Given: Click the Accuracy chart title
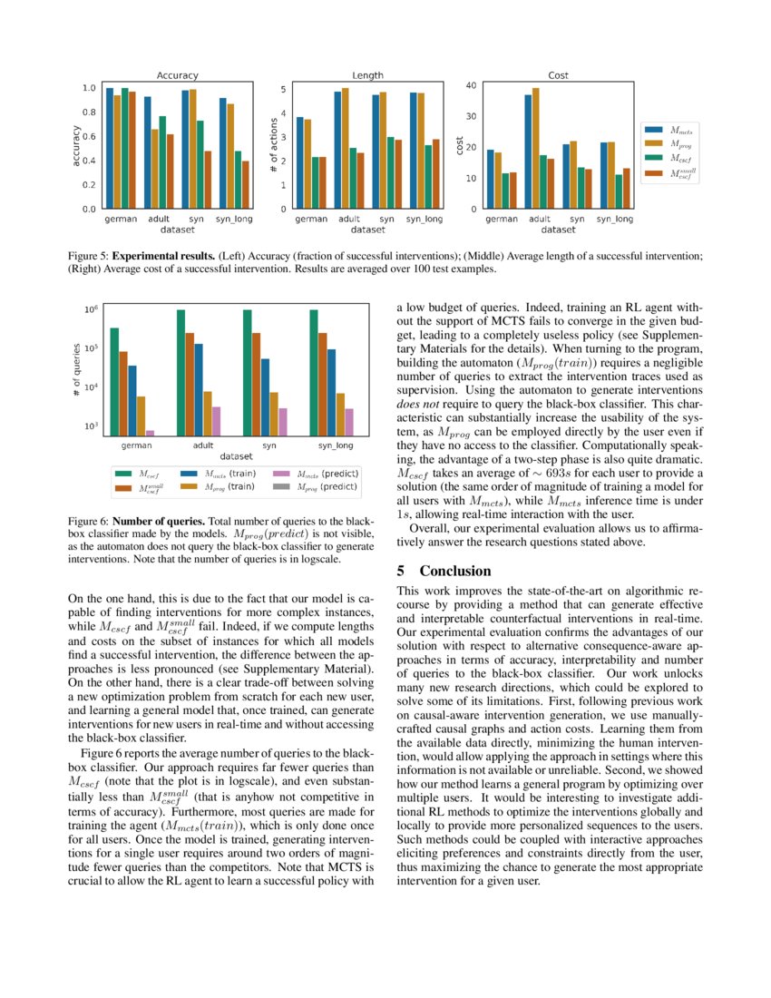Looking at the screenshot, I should point(177,75).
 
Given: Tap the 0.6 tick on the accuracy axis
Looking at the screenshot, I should point(89,136).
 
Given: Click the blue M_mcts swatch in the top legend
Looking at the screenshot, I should point(654,132).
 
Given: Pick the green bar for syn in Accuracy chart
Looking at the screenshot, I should point(200,164).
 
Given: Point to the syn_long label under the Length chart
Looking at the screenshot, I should point(424,220).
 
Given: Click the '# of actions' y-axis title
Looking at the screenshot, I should point(273,145).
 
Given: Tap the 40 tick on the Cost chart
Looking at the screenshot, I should point(471,85).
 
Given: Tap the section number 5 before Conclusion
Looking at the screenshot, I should point(402,571).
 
